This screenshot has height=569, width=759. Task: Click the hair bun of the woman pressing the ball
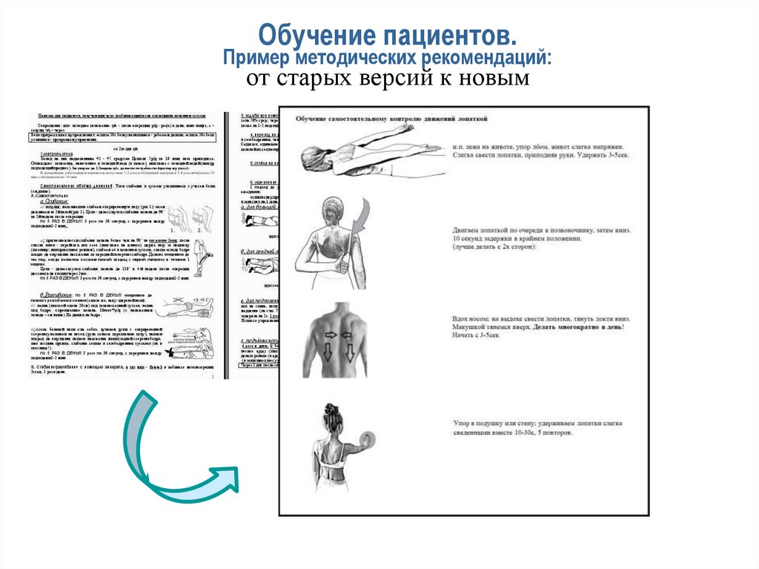coord(328,409)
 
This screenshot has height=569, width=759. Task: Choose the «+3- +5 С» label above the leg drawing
coord(197,300)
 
